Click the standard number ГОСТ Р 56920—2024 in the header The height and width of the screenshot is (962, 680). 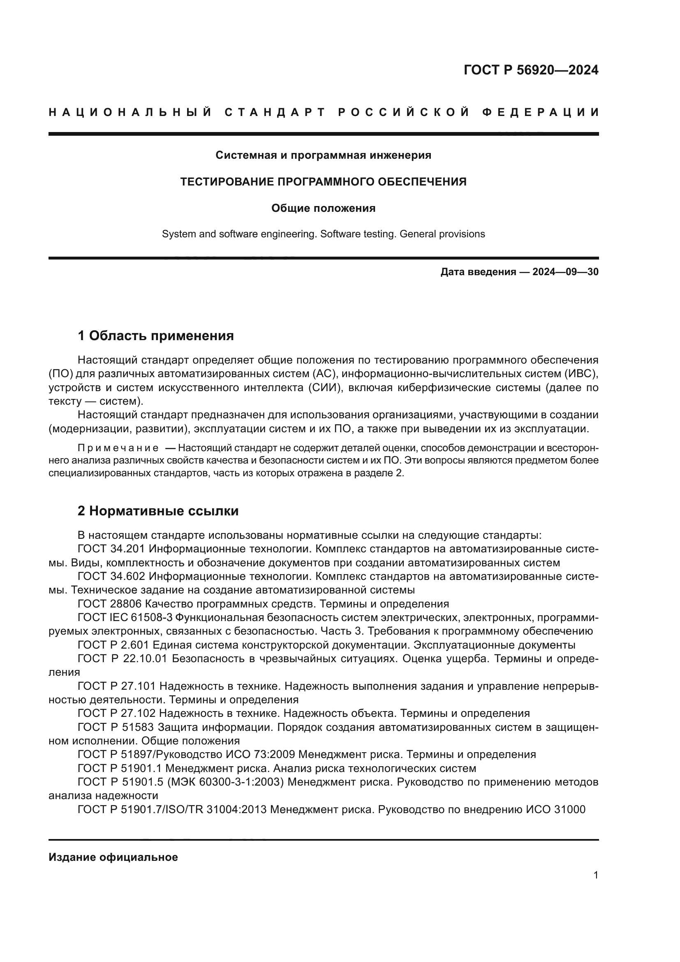(530, 70)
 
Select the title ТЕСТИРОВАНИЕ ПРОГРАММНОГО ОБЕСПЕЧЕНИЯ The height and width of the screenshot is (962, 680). (323, 182)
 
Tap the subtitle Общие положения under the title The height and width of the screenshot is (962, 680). (323, 208)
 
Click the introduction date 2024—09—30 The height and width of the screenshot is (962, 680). (565, 272)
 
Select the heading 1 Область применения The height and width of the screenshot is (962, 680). (156, 336)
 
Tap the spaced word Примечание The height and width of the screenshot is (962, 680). (118, 448)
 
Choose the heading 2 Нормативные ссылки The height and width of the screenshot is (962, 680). (158, 511)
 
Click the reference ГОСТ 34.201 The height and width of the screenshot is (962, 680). (111, 549)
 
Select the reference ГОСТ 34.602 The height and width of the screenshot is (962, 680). (111, 577)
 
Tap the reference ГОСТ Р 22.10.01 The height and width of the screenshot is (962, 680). (122, 658)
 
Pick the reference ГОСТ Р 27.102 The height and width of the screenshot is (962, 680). (117, 714)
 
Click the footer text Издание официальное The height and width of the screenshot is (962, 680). (113, 857)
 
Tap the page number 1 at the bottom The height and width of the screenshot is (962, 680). (595, 875)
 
